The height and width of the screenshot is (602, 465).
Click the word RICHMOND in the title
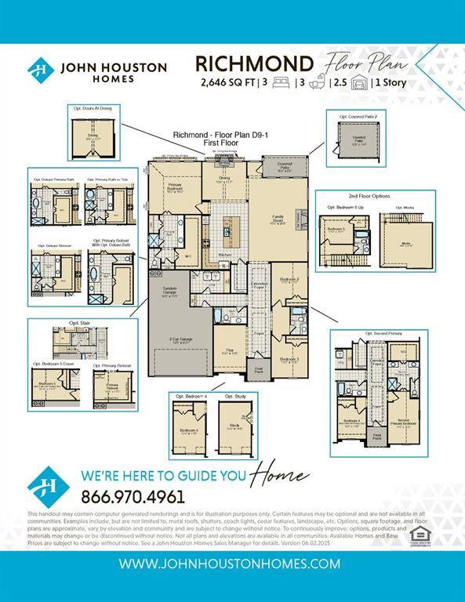[x=254, y=63]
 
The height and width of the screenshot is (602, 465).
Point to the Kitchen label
[x=224, y=256]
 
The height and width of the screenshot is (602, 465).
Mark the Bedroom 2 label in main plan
[x=289, y=279]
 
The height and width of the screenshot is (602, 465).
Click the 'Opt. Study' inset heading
[x=233, y=397]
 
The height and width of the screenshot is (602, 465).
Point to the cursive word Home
[x=278, y=475]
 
